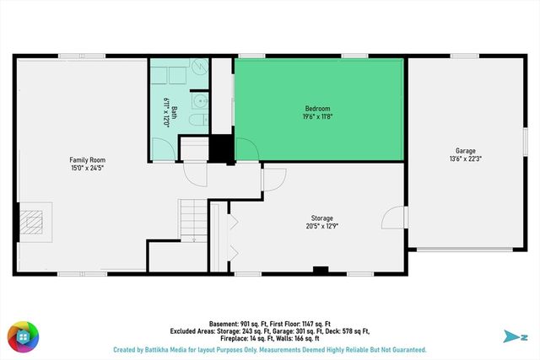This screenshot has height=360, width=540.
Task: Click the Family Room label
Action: click(87, 159)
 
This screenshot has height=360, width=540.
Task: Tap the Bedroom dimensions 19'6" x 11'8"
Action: click(317, 117)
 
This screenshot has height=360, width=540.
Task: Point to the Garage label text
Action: click(466, 151)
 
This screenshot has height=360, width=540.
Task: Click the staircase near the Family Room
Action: click(192, 221)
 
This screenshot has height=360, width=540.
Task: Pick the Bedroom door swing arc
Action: click(246, 147)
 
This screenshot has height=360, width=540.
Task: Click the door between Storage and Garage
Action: click(392, 218)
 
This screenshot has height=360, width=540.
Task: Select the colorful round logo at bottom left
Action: click(23, 336)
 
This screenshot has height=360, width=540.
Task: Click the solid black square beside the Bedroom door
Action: click(222, 150)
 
